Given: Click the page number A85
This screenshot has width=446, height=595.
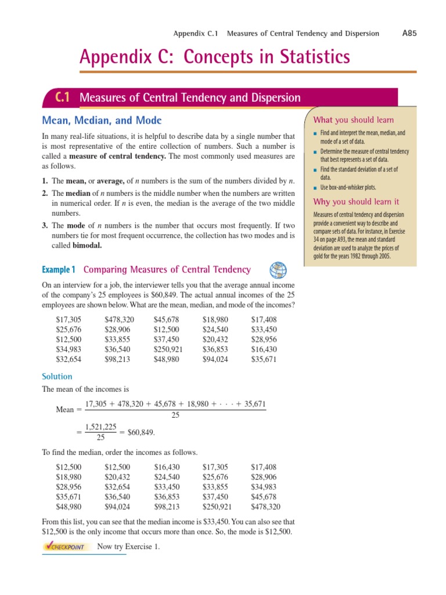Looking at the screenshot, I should [409, 33].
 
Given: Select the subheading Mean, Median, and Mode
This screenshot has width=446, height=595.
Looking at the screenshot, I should [102, 120].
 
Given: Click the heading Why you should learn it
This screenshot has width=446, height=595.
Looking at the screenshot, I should [356, 202].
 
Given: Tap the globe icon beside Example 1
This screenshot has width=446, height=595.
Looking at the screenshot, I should [278, 270].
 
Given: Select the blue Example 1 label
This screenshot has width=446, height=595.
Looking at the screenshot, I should [59, 270].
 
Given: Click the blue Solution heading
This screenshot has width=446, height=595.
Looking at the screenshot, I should [57, 377].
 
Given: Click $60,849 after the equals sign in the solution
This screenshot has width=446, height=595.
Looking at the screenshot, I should [141, 432].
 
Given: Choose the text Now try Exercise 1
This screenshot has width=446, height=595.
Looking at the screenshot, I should [128, 547].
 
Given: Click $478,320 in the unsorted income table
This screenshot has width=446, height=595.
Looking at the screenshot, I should [119, 320].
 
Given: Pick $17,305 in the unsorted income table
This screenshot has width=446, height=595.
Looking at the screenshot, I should [69, 320].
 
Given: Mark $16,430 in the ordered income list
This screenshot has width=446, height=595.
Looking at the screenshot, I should [167, 467].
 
